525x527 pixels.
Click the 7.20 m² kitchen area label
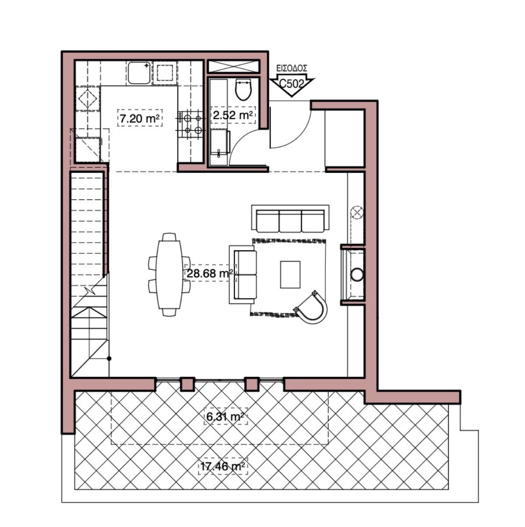(139, 118)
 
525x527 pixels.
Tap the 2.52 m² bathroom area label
(232, 115)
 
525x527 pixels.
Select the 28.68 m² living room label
(210, 274)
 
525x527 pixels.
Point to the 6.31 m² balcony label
(225, 417)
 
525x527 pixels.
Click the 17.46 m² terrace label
(222, 466)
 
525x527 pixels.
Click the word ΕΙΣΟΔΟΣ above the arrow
(291, 69)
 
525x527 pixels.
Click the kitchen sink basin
(139, 73)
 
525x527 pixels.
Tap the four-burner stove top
(191, 124)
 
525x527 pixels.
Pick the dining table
(170, 274)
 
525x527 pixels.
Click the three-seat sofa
(290, 220)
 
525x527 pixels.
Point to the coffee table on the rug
(290, 274)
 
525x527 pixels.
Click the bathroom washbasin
(220, 142)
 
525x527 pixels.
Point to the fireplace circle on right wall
(357, 274)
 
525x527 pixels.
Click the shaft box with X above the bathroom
(233, 67)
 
